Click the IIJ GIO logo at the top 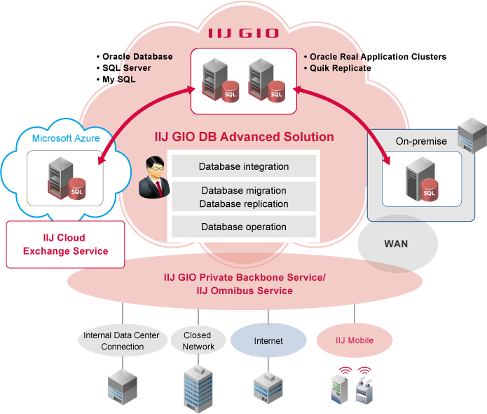click(243, 33)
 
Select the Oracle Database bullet click(137, 57)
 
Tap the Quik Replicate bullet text click(340, 68)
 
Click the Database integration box click(244, 166)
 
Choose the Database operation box click(244, 227)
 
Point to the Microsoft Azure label click(66, 138)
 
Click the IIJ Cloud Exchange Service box click(65, 244)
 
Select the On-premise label click(421, 141)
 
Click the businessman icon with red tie click(153, 178)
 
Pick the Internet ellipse click(268, 341)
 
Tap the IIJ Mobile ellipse click(354, 341)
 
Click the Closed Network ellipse click(198, 341)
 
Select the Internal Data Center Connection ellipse click(122, 341)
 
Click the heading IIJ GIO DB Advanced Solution click(244, 137)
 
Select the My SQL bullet click(118, 79)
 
